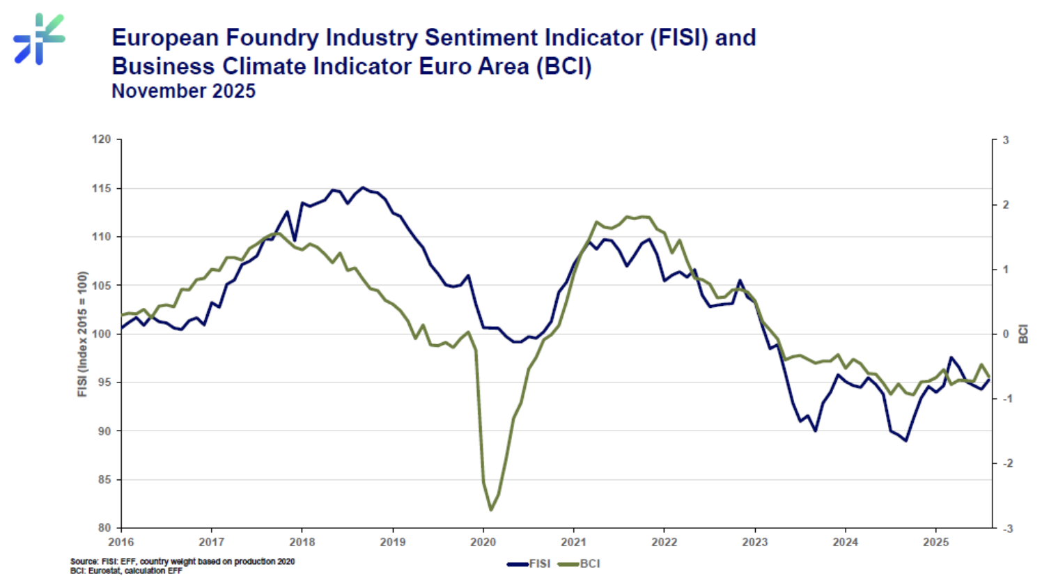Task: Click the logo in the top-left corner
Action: (39, 39)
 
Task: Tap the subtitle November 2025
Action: (183, 91)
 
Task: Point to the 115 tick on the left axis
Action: (102, 188)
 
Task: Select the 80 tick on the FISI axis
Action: (104, 528)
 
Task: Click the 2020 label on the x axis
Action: (483, 542)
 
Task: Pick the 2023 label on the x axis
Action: (754, 542)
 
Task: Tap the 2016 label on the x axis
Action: (121, 542)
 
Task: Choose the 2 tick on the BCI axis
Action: (1006, 205)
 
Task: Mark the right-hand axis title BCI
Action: (1023, 334)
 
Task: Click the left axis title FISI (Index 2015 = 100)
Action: (83, 334)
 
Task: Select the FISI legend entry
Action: (529, 564)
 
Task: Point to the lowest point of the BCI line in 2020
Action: (490, 510)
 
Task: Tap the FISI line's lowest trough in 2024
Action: (905, 440)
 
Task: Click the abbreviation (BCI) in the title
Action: (563, 67)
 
